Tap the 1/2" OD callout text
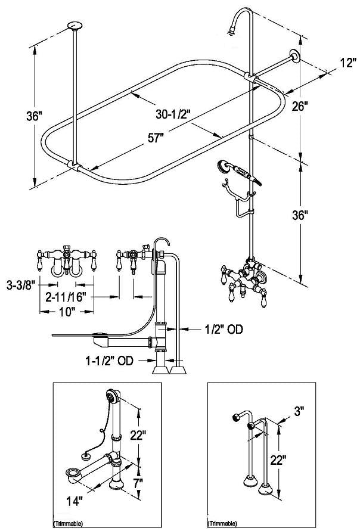(222, 328)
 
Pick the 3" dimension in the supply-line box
(299, 411)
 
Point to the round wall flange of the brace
(294, 57)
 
